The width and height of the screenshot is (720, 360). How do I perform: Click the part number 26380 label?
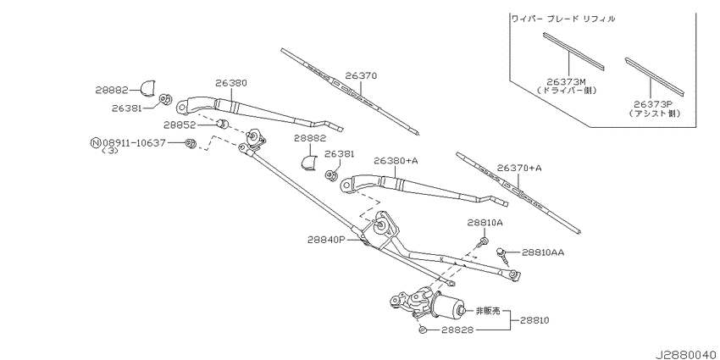click(x=230, y=83)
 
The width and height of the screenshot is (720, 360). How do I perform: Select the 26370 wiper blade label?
click(x=360, y=75)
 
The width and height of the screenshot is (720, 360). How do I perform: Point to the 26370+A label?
click(x=519, y=168)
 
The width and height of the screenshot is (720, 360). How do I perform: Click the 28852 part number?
click(x=180, y=125)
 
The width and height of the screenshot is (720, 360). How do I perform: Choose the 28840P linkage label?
click(x=327, y=240)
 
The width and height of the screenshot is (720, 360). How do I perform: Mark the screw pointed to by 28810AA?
click(x=505, y=252)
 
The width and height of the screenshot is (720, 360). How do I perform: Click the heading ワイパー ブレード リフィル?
click(x=562, y=18)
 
